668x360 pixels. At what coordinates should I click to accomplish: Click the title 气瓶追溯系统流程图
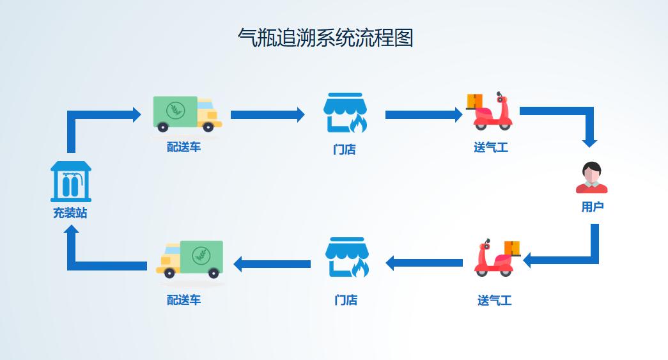click(325, 38)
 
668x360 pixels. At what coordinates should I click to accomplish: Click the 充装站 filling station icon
click(70, 181)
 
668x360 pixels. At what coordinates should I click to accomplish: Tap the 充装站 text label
click(70, 213)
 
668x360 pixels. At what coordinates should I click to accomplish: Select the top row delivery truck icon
click(187, 114)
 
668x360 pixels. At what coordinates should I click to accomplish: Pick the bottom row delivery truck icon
click(190, 260)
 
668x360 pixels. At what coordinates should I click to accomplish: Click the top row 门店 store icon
click(345, 113)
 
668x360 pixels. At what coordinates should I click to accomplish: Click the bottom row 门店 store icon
click(347, 258)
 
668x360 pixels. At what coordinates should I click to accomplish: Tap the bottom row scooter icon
click(495, 258)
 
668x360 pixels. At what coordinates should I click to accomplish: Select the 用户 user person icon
click(592, 178)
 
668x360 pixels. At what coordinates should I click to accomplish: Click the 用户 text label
click(593, 207)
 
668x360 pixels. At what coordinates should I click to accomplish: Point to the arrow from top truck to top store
click(267, 115)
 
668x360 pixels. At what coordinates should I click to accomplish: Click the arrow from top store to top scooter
click(423, 115)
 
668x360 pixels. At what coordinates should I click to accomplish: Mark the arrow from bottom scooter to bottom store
click(424, 263)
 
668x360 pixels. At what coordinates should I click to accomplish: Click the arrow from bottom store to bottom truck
click(272, 263)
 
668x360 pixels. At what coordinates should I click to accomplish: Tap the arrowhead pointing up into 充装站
click(72, 231)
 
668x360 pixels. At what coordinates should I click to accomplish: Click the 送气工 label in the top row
click(491, 148)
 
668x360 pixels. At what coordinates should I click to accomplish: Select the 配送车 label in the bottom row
click(184, 300)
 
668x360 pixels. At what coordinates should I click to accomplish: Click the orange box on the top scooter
click(475, 101)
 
